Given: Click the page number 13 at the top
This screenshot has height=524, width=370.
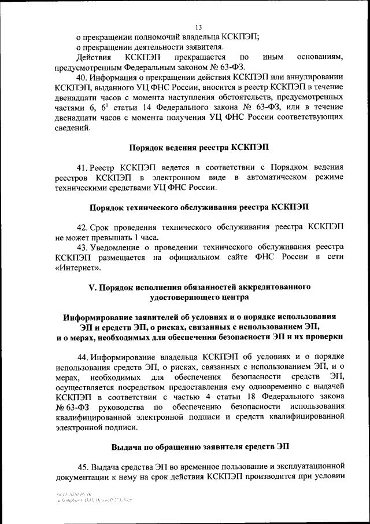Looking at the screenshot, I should point(198,27).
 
